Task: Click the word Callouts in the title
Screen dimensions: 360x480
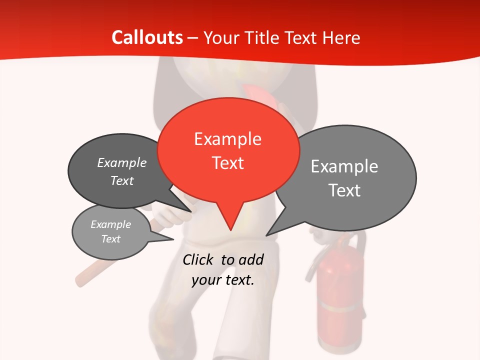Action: [x=147, y=37]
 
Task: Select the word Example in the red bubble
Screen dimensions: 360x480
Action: [x=227, y=139]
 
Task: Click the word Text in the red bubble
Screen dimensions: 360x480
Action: [x=227, y=163]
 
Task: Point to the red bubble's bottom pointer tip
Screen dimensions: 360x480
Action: [x=230, y=230]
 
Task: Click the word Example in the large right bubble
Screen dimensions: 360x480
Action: [x=344, y=166]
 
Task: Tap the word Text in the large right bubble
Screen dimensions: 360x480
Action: [x=344, y=190]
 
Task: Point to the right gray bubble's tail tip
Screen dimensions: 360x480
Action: [x=266, y=235]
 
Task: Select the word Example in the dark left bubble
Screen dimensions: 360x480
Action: [x=121, y=162]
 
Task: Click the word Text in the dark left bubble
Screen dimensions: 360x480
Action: [x=121, y=180]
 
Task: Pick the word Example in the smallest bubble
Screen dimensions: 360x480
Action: [x=110, y=224]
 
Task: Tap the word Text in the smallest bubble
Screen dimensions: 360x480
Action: [x=110, y=239]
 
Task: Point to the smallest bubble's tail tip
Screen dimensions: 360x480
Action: [x=173, y=239]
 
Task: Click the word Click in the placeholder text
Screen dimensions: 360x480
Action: [x=198, y=259]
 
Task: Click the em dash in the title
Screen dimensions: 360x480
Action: [x=193, y=37]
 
